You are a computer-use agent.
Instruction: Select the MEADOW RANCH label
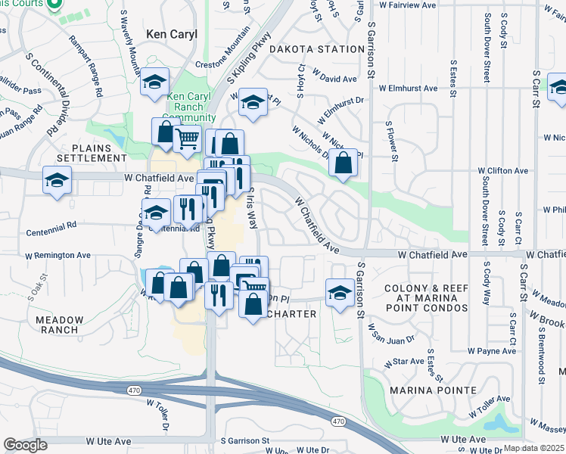click(x=57, y=325)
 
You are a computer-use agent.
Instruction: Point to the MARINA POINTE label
click(x=434, y=390)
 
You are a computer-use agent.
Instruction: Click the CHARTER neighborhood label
click(x=291, y=314)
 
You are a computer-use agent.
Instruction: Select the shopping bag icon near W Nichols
click(x=344, y=162)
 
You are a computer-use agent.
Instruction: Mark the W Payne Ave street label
click(x=491, y=351)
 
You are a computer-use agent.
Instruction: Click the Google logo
click(x=25, y=444)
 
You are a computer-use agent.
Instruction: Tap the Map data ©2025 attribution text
click(x=533, y=448)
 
